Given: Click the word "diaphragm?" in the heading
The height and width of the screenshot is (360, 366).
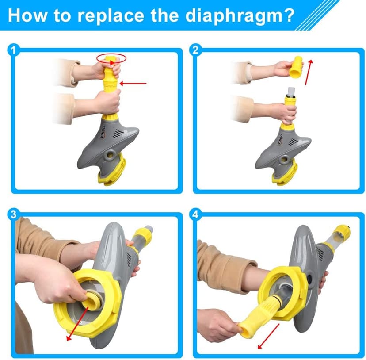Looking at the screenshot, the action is pyautogui.click(x=240, y=16).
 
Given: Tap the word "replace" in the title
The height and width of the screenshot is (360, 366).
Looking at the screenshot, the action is pyautogui.click(x=111, y=15).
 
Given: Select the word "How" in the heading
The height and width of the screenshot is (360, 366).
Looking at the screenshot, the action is pyautogui.click(x=27, y=15).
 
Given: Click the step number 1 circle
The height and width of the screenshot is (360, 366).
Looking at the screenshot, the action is pyautogui.click(x=13, y=50).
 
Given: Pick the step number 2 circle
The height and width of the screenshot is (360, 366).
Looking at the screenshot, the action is pyautogui.click(x=195, y=50).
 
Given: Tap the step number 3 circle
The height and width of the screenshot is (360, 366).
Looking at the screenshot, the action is pyautogui.click(x=13, y=214).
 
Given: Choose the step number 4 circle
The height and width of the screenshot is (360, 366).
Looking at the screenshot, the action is pyautogui.click(x=195, y=214).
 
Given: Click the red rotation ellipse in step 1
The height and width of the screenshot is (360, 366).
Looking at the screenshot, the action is pyautogui.click(x=111, y=59).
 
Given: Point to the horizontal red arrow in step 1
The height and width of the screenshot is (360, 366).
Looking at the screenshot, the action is pyautogui.click(x=133, y=84).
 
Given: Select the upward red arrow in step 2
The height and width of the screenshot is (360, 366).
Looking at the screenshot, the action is pyautogui.click(x=309, y=72).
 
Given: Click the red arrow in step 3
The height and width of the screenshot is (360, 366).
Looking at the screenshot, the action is pyautogui.click(x=77, y=324).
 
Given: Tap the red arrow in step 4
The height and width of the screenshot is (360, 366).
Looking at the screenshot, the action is pyautogui.click(x=268, y=336).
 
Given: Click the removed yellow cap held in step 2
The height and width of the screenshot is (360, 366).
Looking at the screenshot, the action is pyautogui.click(x=296, y=67).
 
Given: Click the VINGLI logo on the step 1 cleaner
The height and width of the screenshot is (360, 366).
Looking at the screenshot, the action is pyautogui.click(x=103, y=132).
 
